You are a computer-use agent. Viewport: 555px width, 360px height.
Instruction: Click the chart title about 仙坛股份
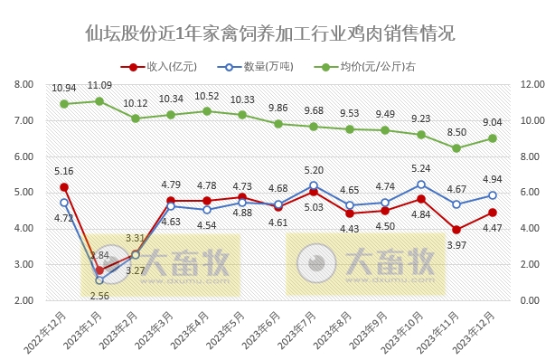coord(262,34)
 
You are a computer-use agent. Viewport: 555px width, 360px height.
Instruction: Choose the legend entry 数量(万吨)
coord(263,67)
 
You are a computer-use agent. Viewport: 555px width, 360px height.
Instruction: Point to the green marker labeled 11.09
coord(99,100)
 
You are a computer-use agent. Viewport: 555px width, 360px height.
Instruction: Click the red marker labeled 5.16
coord(64,186)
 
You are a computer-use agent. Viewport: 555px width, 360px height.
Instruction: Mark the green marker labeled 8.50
coord(456,147)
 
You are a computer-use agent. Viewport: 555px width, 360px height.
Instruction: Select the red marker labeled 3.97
coord(456,230)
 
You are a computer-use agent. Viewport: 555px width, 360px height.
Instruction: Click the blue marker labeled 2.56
coord(99,279)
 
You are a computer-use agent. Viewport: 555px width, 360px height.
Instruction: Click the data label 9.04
coord(492,122)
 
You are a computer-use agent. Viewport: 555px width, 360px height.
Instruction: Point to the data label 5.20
coord(314,170)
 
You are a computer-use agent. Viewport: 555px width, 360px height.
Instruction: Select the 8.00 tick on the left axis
coord(24,84)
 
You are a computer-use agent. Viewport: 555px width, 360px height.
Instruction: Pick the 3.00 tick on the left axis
coord(24,264)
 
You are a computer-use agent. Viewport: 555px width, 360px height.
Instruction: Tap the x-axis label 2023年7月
coord(301,330)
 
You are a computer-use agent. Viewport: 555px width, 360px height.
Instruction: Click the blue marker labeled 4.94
coord(492,194)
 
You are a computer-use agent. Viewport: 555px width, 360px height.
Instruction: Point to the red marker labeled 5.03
coord(314,192)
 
